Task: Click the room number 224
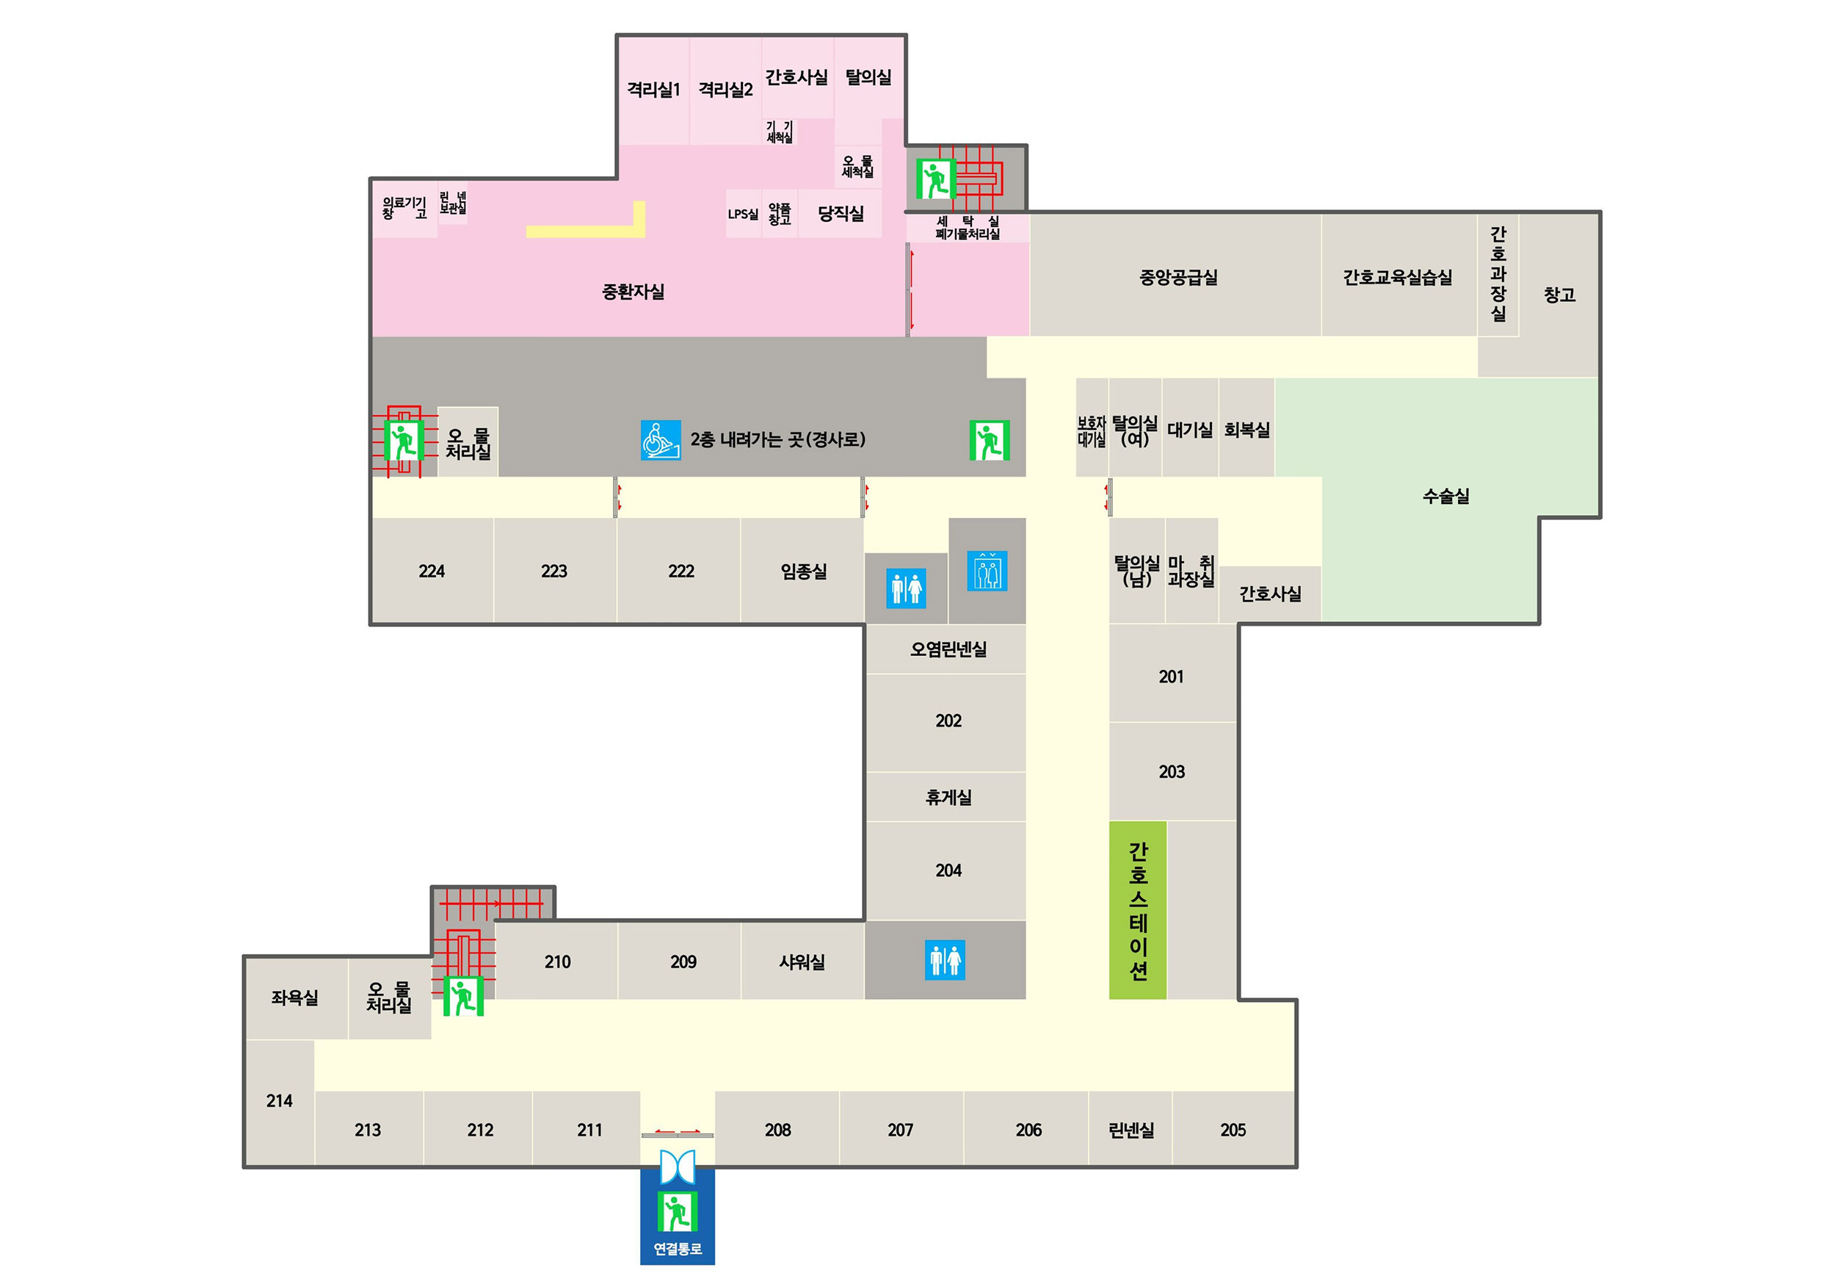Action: [x=431, y=571]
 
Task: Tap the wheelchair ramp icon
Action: [x=660, y=440]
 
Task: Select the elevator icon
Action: [x=987, y=571]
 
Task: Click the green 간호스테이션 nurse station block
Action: [x=1137, y=910]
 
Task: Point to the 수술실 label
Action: [x=1445, y=497]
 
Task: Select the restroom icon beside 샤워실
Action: [x=945, y=960]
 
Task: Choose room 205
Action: [x=1233, y=1130]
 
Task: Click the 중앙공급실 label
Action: [x=1178, y=278]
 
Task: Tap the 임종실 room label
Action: [x=803, y=571]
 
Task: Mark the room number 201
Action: [x=1171, y=677]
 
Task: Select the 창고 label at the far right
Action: [x=1558, y=295]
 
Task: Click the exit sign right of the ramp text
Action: [x=989, y=440]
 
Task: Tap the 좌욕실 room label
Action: [x=294, y=998]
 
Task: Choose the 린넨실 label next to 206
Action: [x=1131, y=1130]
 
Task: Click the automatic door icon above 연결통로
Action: [x=677, y=1166]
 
